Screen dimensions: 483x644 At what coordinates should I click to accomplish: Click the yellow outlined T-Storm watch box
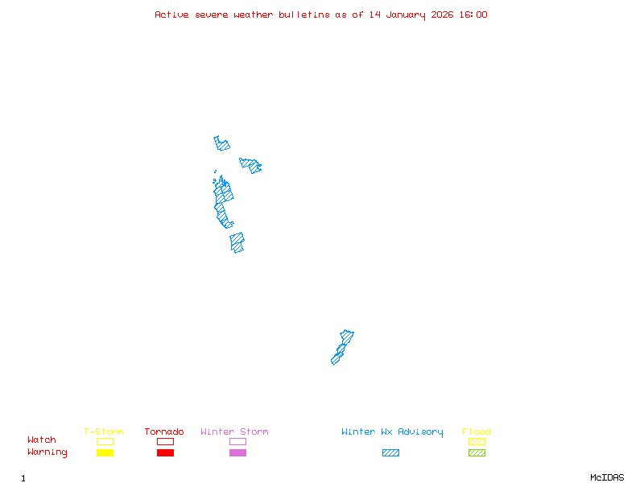[x=105, y=441]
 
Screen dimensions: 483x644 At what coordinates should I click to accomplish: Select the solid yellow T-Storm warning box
[x=105, y=453]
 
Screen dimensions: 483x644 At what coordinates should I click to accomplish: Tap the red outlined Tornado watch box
[x=165, y=441]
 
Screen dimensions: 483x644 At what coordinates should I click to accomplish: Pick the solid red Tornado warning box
[x=165, y=453]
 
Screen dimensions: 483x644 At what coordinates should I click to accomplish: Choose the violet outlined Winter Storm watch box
[x=237, y=441]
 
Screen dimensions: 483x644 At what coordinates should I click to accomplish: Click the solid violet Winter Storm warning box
[x=237, y=453]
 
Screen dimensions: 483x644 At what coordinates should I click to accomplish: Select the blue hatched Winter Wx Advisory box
[x=390, y=453]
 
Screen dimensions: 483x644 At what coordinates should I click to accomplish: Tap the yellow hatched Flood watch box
[x=477, y=441]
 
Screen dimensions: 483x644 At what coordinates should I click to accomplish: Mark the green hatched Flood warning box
[x=477, y=453]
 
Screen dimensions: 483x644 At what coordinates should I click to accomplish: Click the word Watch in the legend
[x=42, y=440]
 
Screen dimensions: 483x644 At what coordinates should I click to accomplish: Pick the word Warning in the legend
[x=47, y=452]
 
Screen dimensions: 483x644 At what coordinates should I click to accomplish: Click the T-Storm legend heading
[x=104, y=432]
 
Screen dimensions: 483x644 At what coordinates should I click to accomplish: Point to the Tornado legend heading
[x=164, y=432]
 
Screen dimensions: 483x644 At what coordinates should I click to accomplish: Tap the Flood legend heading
[x=477, y=432]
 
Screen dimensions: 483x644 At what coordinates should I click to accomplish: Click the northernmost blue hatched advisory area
[x=221, y=144]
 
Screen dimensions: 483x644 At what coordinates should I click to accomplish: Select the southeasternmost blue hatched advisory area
[x=342, y=347]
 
